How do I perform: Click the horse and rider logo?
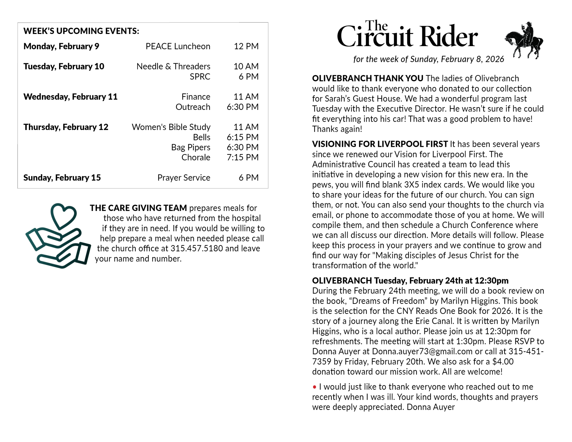[524, 41]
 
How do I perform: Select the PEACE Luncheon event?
[178, 46]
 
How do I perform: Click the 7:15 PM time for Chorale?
[242, 157]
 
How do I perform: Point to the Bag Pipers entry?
[191, 147]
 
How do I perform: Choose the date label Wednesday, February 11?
[70, 97]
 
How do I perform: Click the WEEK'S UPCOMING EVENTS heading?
[81, 31]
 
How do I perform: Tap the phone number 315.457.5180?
[196, 248]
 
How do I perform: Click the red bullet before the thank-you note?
[314, 387]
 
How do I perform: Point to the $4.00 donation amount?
[503, 362]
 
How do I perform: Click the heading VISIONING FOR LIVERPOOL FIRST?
[380, 144]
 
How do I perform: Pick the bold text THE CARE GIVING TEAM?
[138, 208]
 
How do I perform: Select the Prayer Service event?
[184, 178]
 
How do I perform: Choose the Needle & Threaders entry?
[173, 66]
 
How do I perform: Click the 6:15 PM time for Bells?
[242, 137]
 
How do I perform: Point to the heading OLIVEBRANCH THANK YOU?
[367, 78]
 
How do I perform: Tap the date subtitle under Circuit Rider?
[428, 59]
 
